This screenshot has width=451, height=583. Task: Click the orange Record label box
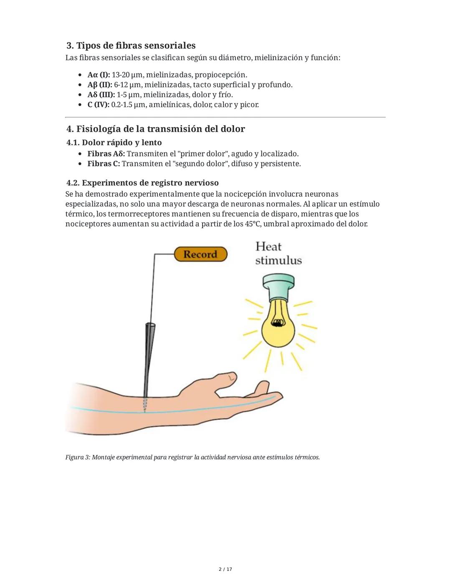click(200, 254)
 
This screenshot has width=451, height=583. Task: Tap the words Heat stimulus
click(278, 253)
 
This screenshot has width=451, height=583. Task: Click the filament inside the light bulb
click(276, 322)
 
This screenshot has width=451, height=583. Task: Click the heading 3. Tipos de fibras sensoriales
click(131, 45)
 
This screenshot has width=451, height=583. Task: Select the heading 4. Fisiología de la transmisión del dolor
click(155, 129)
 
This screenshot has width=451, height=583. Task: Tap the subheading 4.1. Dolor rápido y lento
click(114, 143)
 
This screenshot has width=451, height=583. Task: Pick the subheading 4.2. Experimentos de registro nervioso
click(142, 183)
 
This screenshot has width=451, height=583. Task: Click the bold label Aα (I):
click(99, 75)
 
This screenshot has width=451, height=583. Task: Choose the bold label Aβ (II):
click(99, 85)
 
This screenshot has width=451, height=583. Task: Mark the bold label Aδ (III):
click(101, 95)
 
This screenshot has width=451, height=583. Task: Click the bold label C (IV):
click(98, 105)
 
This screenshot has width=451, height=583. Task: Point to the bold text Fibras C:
click(104, 164)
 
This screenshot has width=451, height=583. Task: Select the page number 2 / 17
click(225, 569)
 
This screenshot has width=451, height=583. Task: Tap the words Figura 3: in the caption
click(78, 457)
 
